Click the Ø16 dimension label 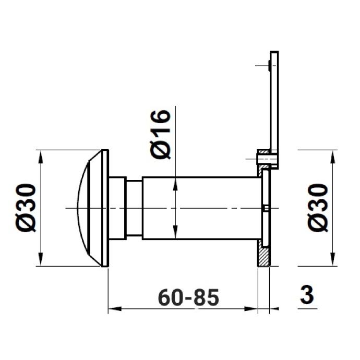pyautogui.click(x=161, y=134)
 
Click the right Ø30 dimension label pyautogui.click(x=318, y=208)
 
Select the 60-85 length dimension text pyautogui.click(x=188, y=297)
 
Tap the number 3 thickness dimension pyautogui.click(x=307, y=295)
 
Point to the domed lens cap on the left pyautogui.click(x=90, y=208)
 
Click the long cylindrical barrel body pyautogui.click(x=202, y=208)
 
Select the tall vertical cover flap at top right pyautogui.click(x=274, y=110)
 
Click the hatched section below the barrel pyautogui.click(x=263, y=253)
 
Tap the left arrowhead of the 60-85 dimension pyautogui.click(x=114, y=309)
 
